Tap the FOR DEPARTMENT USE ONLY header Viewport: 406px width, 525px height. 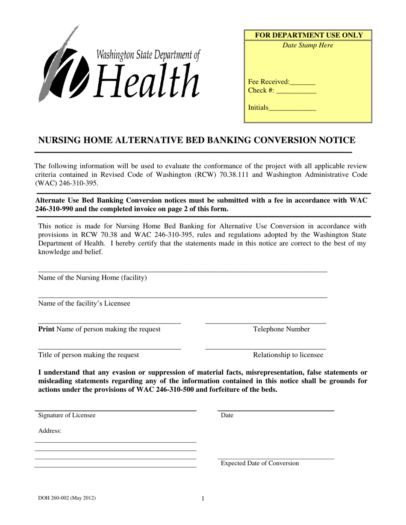308,35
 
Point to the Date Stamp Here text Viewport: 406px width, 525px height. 308,46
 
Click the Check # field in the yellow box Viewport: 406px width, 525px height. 296,91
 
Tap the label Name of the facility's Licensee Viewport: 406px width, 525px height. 84,303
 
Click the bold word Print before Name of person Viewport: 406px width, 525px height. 47,329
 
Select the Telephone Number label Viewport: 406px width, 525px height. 281,329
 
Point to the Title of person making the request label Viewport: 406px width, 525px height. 88,355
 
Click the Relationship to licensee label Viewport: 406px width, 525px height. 288,355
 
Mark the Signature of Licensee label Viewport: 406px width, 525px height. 67,415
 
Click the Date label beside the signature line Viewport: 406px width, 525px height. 227,415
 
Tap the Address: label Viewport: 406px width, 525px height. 50,431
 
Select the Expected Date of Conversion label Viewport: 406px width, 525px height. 260,464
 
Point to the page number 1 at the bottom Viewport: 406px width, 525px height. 203,498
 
